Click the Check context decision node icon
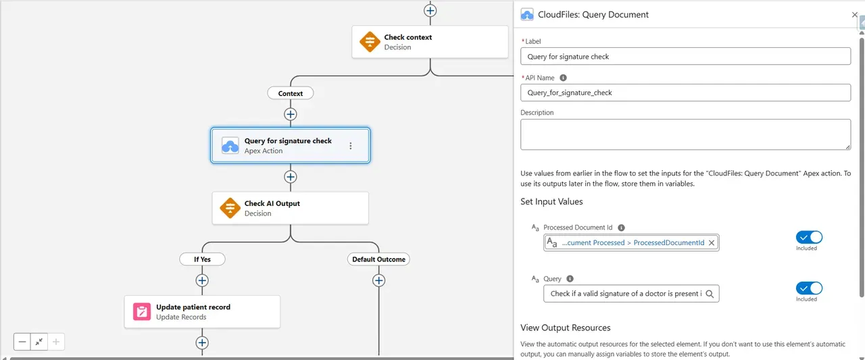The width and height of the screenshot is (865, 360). click(370, 42)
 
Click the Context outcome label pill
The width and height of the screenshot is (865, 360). click(291, 93)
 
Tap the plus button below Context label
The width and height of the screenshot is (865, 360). click(291, 114)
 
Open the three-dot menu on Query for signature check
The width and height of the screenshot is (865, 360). click(350, 146)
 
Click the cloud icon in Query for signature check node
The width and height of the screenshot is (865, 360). click(230, 145)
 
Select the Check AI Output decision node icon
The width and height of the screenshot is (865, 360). click(230, 208)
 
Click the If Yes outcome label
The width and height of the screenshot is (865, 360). click(202, 259)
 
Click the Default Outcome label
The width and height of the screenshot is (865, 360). click(378, 259)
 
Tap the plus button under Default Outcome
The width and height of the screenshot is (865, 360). click(378, 280)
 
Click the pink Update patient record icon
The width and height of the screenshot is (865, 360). click(142, 311)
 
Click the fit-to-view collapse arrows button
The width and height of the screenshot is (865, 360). click(39, 342)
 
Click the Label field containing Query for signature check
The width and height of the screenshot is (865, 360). click(685, 57)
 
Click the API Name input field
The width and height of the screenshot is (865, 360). click(685, 93)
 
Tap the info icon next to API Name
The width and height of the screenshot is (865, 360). click(564, 78)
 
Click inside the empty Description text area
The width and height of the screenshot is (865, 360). click(685, 134)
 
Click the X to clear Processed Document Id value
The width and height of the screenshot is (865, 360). click(712, 242)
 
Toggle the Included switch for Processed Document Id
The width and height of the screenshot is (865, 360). click(809, 237)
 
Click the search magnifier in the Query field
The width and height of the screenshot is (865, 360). click(710, 294)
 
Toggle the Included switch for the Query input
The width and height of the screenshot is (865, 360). click(809, 288)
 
